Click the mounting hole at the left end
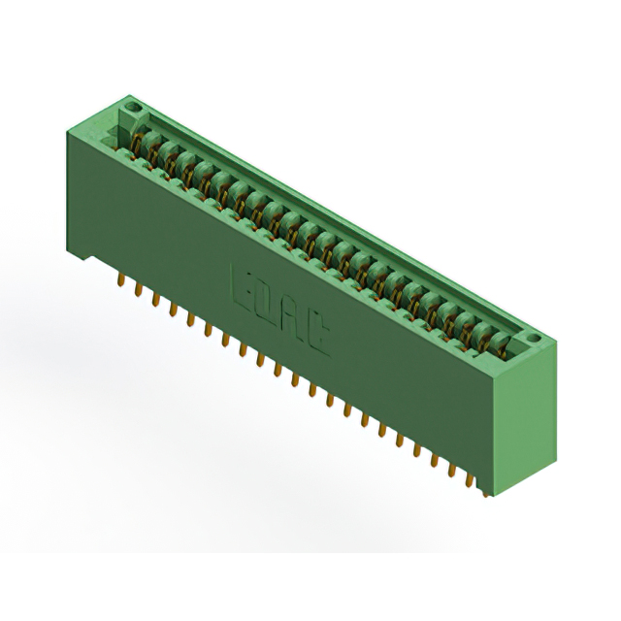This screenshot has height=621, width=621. (x=134, y=106)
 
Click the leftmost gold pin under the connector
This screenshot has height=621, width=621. (x=120, y=280)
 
